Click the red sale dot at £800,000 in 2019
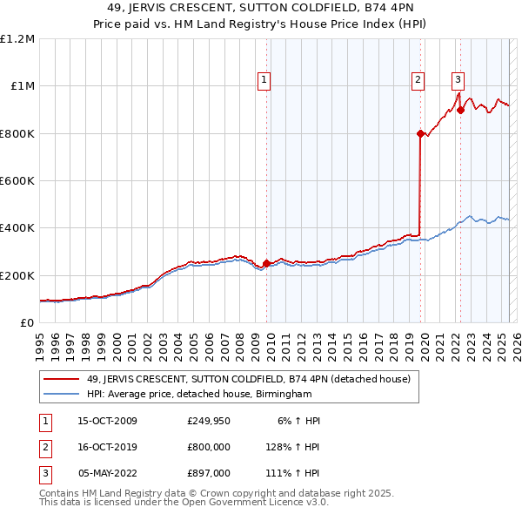tap(420, 133)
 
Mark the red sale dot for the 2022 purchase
tap(460, 111)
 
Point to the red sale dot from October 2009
tap(266, 263)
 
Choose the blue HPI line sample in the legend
tap(62, 395)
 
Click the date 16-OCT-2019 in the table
tap(108, 447)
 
